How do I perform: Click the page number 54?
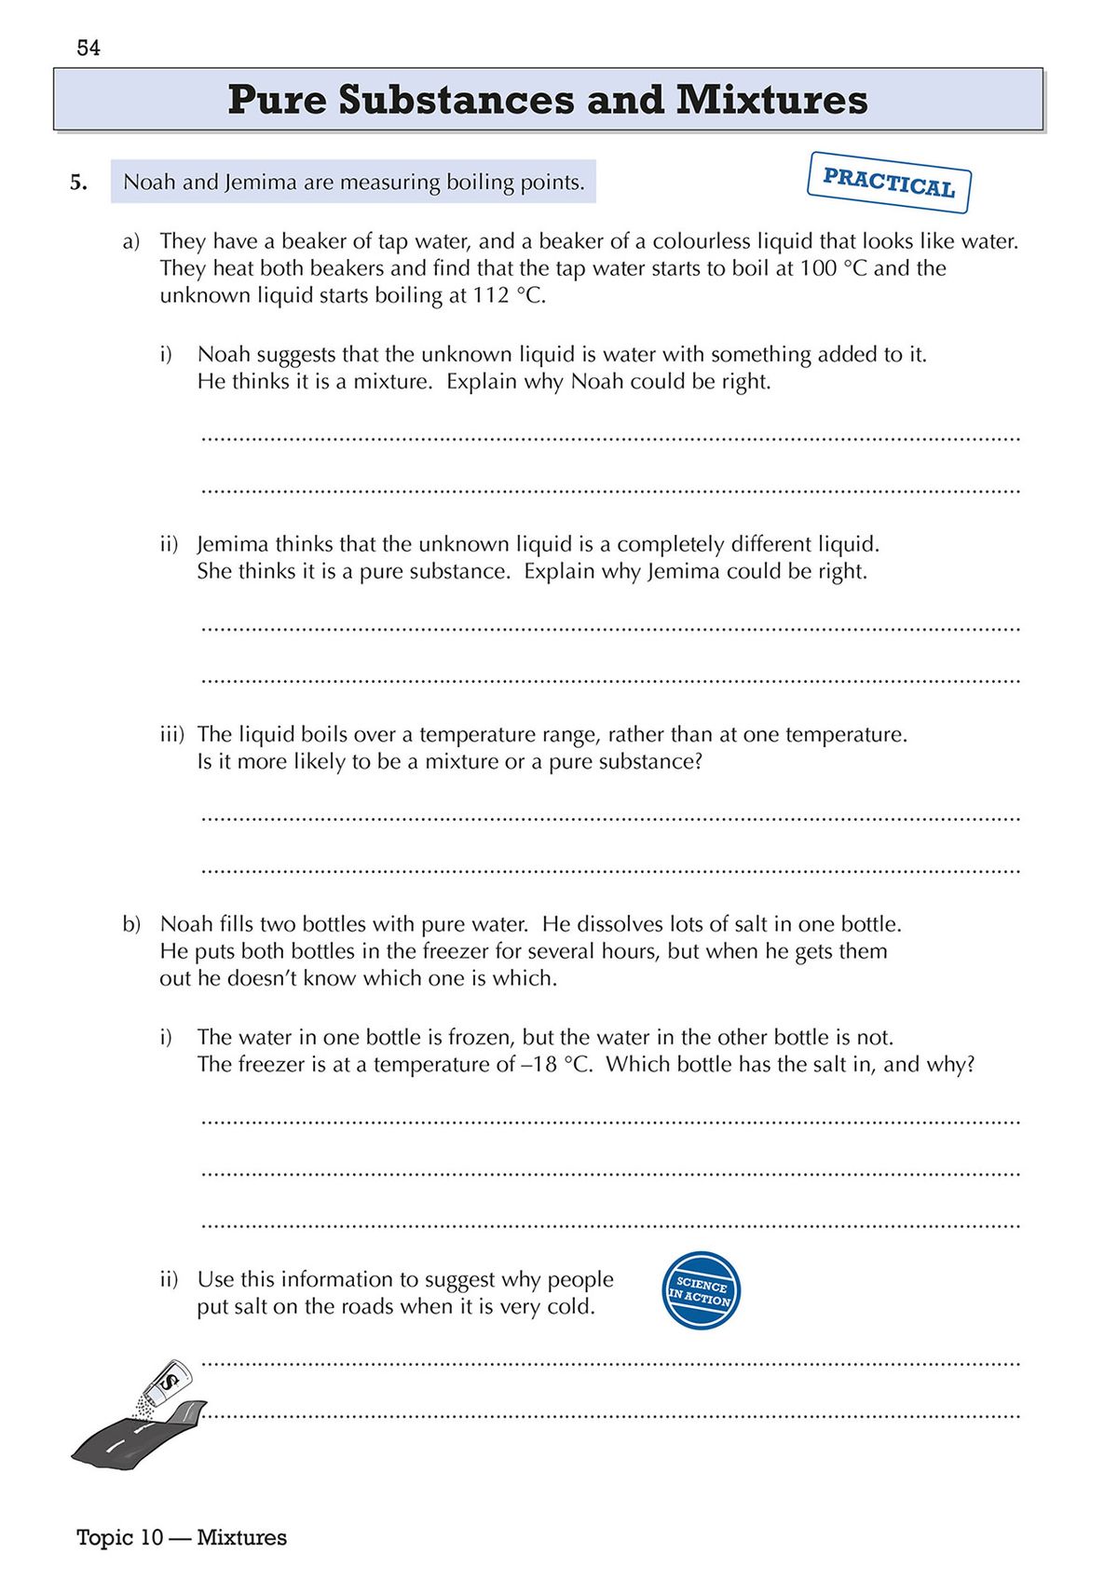[x=89, y=48]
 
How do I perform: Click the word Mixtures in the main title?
[x=771, y=100]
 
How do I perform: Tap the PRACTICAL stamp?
[x=889, y=183]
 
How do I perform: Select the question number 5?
[x=79, y=183]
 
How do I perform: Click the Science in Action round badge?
[x=702, y=1290]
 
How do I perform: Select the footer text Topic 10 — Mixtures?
[x=182, y=1537]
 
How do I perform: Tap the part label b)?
[x=131, y=925]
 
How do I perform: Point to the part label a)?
[x=131, y=242]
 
